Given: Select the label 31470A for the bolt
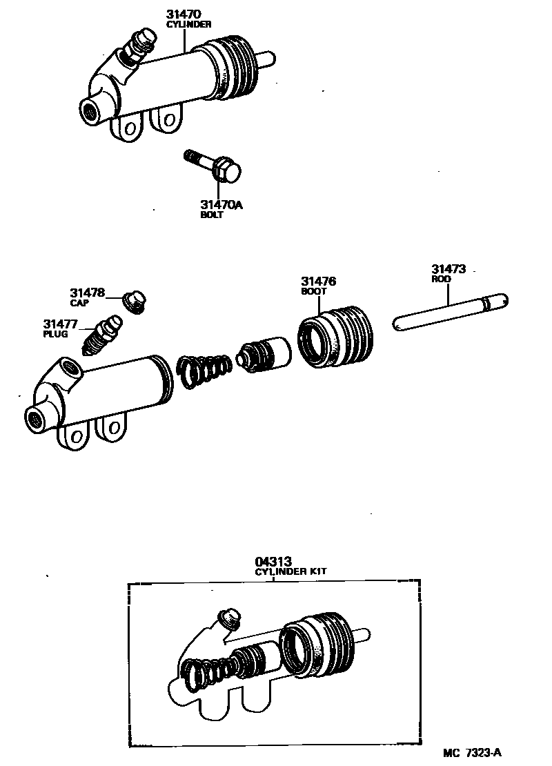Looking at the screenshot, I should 221,204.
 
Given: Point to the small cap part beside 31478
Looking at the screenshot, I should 135,302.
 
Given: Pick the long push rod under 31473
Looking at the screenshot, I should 450,313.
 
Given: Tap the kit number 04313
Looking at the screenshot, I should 272,562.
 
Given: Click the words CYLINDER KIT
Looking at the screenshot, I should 290,572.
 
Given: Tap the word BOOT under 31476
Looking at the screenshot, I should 313,291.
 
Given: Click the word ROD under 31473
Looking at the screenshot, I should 441,280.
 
